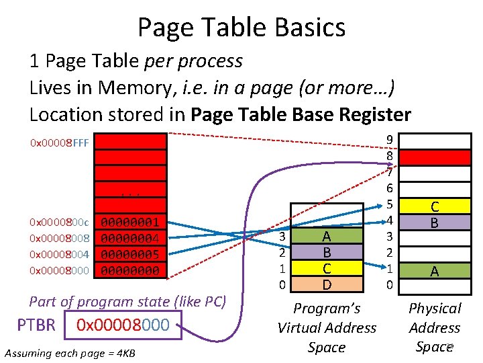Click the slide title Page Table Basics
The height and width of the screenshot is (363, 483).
tap(241, 28)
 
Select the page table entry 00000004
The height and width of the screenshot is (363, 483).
tap(130, 238)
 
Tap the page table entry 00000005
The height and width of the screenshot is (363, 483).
tap(130, 254)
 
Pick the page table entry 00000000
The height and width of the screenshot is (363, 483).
tap(130, 270)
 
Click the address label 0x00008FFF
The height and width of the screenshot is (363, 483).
tap(59, 143)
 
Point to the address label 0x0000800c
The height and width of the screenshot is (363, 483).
tap(59, 222)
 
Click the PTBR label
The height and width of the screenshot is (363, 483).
tap(36, 325)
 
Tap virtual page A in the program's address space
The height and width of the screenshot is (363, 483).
tap(326, 237)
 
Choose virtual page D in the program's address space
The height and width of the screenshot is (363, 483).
tap(326, 285)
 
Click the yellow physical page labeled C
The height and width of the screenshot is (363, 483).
tap(435, 206)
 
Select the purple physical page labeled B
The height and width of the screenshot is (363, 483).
tap(435, 222)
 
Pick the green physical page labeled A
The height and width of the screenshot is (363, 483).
tap(435, 270)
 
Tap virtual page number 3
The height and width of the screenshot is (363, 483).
tap(283, 237)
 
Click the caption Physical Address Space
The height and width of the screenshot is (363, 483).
tap(435, 327)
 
